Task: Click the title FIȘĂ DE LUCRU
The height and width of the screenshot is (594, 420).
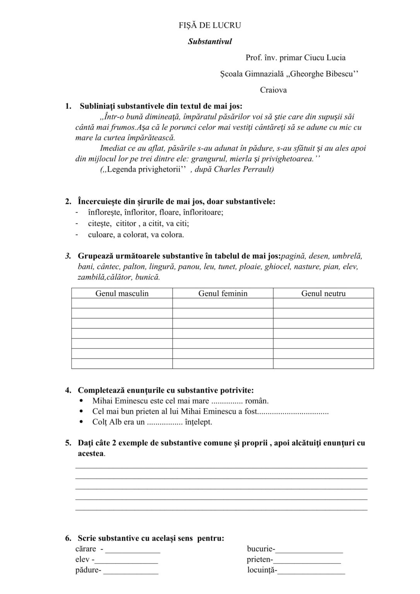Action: pyautogui.click(x=210, y=26)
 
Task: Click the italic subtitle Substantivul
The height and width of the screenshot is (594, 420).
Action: pyautogui.click(x=210, y=42)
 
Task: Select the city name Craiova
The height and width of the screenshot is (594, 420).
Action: pyautogui.click(x=273, y=90)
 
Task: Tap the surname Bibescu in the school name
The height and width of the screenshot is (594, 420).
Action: pyautogui.click(x=339, y=74)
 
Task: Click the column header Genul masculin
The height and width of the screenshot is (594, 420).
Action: pyautogui.click(x=122, y=294)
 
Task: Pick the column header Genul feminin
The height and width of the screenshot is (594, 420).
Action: pyautogui.click(x=223, y=294)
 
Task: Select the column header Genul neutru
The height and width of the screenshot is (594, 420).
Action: pyautogui.click(x=323, y=294)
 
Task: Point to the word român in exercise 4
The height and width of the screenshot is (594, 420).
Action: pyautogui.click(x=257, y=401)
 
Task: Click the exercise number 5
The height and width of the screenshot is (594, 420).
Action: pyautogui.click(x=68, y=443)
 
